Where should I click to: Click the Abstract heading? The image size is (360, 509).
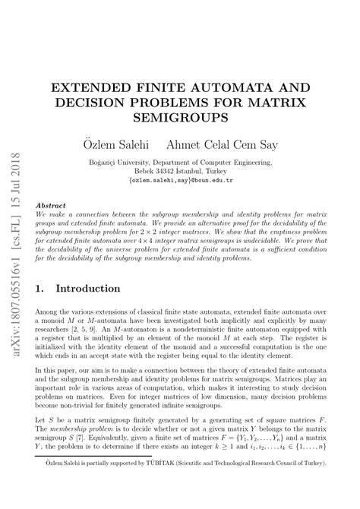(x=52, y=205)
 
